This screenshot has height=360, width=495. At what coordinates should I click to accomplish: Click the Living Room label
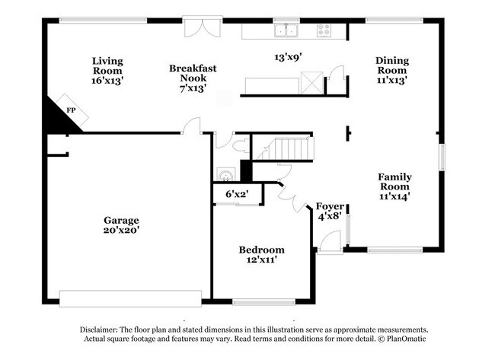click(x=107, y=70)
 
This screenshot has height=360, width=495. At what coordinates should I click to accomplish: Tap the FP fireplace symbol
click(x=71, y=110)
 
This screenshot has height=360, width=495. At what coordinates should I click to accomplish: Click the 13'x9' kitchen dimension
click(x=289, y=56)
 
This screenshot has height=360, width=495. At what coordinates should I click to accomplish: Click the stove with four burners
click(x=324, y=30)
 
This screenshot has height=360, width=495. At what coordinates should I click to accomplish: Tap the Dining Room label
click(x=391, y=70)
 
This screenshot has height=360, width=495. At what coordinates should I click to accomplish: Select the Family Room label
click(x=394, y=186)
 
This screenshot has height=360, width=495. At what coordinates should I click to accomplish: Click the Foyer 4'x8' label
click(x=330, y=211)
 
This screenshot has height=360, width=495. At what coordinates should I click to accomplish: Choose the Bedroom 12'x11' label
click(x=261, y=254)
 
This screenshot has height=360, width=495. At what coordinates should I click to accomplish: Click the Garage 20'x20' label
click(x=122, y=225)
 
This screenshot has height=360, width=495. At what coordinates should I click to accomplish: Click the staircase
click(x=294, y=148)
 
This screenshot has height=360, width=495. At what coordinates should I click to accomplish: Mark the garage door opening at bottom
click(x=131, y=298)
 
